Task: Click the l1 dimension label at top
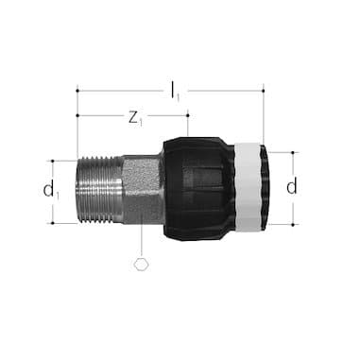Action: pyautogui.click(x=175, y=91)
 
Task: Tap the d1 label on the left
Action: pyautogui.click(x=50, y=190)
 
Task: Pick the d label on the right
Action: pyautogui.click(x=292, y=187)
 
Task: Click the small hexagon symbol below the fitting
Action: pyautogui.click(x=141, y=264)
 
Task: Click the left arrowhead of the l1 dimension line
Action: pyautogui.click(x=80, y=91)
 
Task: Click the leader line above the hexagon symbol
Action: pyautogui.click(x=141, y=239)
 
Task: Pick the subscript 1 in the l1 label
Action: pyautogui.click(x=180, y=94)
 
